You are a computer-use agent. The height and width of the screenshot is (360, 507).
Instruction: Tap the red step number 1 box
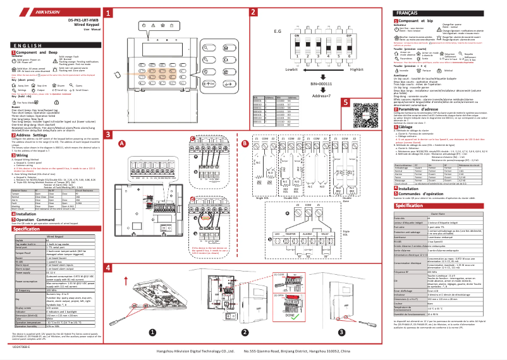(x=108, y=13)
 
